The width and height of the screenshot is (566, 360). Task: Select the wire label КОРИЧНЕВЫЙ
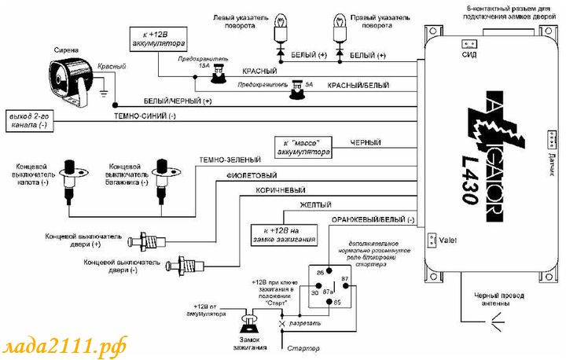tap(281, 190)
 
